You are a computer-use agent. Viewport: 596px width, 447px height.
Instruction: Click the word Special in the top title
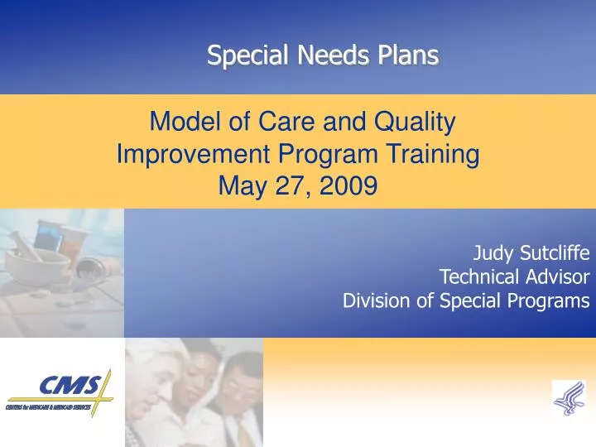[236, 55]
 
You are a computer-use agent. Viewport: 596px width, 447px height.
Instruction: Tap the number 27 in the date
[289, 186]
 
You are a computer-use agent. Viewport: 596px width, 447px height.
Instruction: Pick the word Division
[377, 300]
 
